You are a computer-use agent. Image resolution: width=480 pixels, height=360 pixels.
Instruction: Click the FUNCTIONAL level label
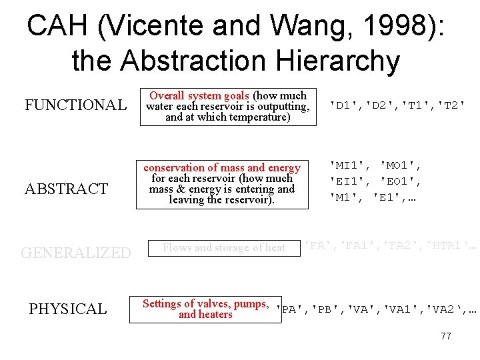(75, 105)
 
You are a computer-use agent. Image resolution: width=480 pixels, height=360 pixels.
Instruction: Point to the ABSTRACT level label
(66, 189)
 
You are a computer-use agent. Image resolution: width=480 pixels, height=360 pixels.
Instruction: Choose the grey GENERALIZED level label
(76, 253)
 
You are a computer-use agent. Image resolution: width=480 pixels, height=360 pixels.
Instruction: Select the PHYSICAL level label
(67, 309)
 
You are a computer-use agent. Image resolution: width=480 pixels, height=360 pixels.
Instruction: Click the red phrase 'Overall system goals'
(199, 95)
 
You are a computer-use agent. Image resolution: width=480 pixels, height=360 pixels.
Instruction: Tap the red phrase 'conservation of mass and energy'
(222, 168)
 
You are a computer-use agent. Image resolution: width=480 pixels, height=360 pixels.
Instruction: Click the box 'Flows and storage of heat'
(224, 248)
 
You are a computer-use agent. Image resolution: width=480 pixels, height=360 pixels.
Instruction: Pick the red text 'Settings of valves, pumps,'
(205, 304)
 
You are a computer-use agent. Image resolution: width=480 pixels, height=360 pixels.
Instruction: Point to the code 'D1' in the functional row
(343, 105)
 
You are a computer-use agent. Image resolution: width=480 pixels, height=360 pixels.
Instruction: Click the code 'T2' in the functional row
(447, 105)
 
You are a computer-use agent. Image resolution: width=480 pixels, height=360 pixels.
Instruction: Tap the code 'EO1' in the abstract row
(401, 181)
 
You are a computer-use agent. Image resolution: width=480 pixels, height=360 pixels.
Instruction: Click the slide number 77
(446, 336)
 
